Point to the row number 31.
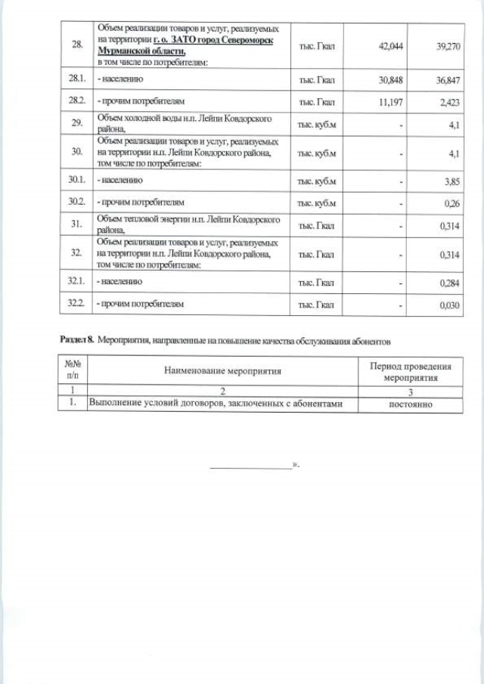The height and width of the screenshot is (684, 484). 76,224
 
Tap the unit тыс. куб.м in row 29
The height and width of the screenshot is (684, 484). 317,124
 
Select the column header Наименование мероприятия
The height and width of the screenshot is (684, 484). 223,371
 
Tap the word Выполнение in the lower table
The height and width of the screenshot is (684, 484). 116,404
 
